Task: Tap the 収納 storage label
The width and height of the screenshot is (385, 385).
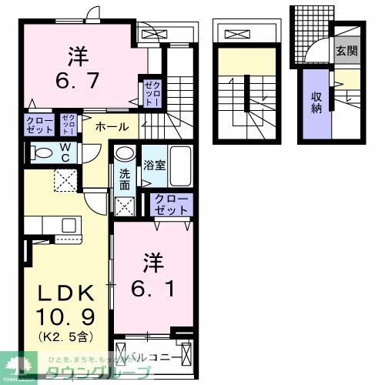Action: tap(316, 103)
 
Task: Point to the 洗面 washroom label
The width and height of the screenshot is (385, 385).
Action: tap(124, 179)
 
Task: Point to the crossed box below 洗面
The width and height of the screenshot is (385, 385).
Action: tap(123, 205)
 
